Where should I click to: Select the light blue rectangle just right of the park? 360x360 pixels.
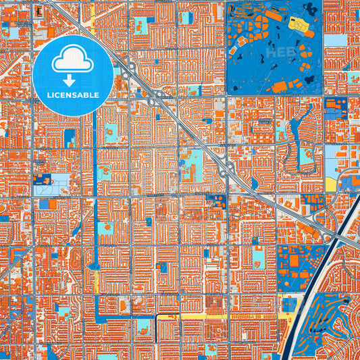(334, 38)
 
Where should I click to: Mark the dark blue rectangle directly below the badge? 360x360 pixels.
(70, 137)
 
